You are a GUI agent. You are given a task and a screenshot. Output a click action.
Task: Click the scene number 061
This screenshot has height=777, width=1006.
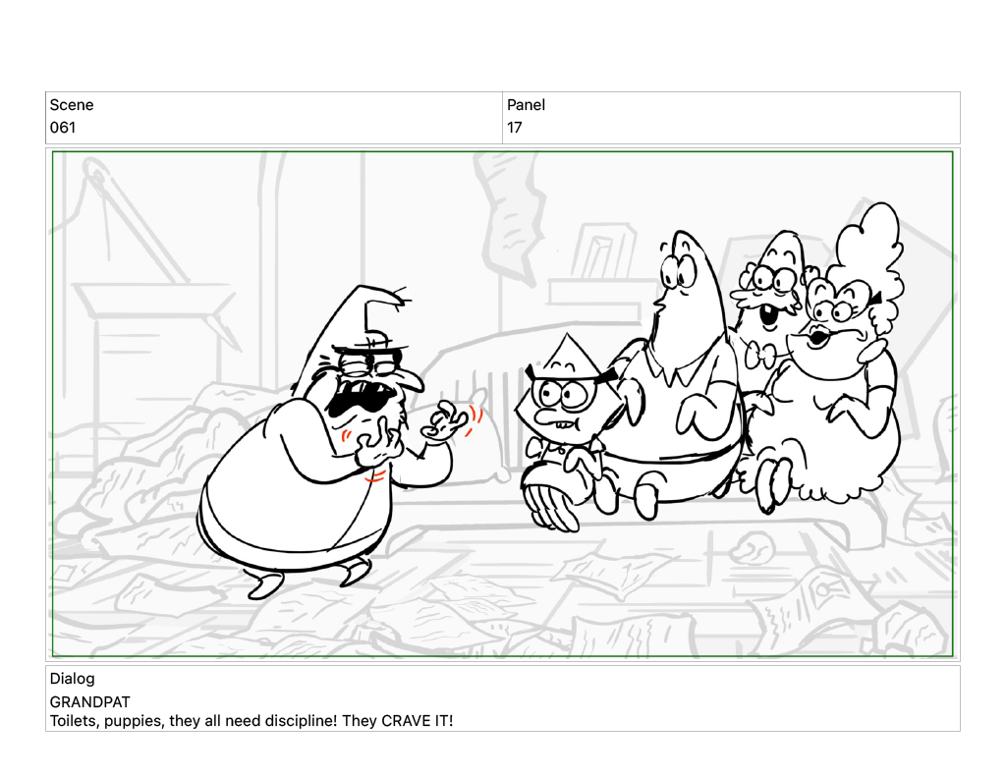tap(63, 127)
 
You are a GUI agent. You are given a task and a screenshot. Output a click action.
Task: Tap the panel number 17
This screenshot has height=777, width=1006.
tap(515, 127)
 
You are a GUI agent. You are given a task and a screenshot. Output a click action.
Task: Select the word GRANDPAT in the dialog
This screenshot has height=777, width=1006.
tap(89, 701)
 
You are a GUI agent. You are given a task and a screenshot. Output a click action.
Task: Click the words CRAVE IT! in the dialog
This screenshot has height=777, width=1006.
tap(417, 721)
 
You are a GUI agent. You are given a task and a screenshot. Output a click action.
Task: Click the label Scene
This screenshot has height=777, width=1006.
tap(71, 104)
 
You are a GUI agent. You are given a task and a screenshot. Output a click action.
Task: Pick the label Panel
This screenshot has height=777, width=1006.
tap(527, 104)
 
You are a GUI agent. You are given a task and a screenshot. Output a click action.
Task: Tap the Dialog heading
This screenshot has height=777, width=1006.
tap(72, 678)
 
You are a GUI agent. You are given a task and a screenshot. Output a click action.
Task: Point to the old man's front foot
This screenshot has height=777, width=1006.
tap(264, 585)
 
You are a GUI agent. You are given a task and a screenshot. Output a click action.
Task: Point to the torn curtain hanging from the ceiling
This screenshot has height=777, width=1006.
tap(510, 212)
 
